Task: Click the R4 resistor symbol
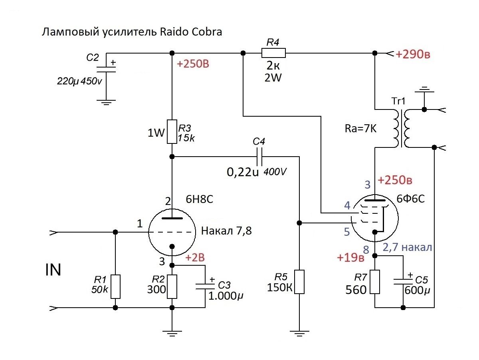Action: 273,53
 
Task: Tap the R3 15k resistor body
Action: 172,131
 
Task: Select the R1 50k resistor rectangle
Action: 115,286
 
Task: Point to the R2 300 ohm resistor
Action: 172,286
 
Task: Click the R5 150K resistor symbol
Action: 299,282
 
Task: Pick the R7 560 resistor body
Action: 374,282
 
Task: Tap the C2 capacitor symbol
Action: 106,69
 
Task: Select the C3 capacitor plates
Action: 205,286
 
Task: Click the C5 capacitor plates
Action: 403,282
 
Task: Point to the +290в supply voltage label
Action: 413,54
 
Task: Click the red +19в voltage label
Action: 350,258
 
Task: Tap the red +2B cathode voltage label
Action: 195,258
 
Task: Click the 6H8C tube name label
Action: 199,199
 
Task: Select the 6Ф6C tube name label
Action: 410,199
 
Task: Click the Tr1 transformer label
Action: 398,101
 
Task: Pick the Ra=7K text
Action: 360,128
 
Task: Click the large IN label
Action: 53,270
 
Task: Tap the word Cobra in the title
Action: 207,32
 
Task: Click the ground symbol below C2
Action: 106,102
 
